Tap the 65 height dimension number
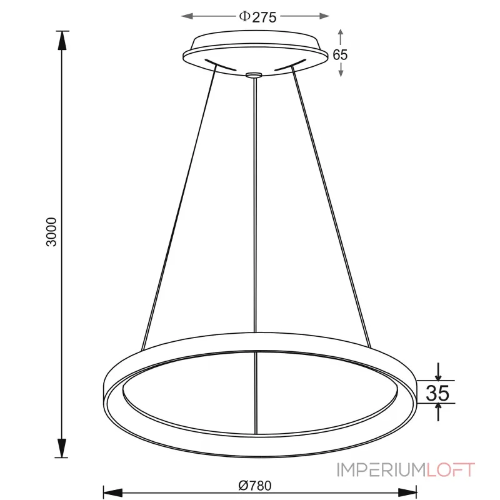pos(340,54)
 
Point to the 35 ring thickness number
pos(438,392)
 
